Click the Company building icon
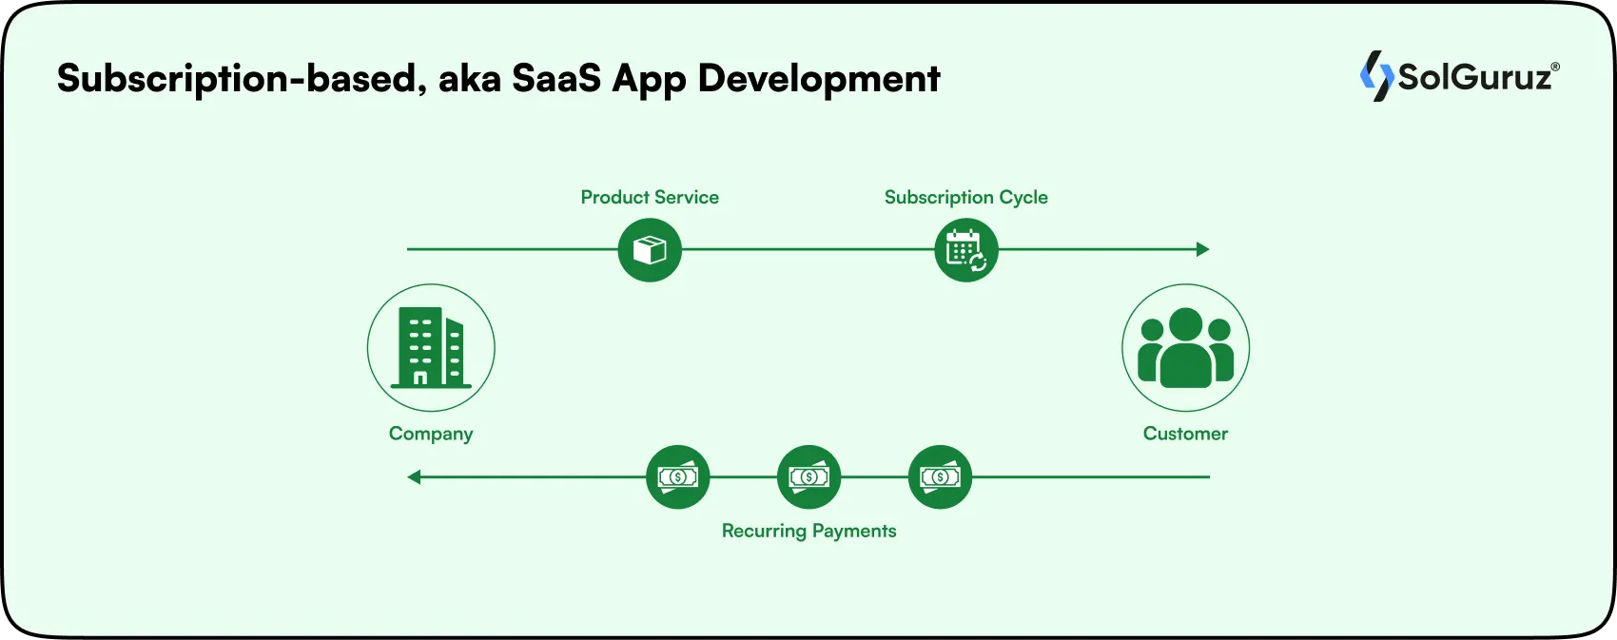(x=431, y=347)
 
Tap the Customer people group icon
(x=1185, y=348)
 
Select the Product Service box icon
(x=650, y=250)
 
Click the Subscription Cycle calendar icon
(x=966, y=250)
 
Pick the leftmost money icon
(x=677, y=476)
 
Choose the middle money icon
(x=808, y=476)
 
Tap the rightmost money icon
(x=940, y=476)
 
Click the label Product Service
(x=650, y=197)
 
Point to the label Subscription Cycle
(x=965, y=197)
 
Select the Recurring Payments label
(x=808, y=531)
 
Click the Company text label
(x=431, y=434)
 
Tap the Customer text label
(x=1185, y=434)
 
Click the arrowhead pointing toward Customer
(x=1202, y=249)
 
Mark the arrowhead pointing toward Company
(x=415, y=476)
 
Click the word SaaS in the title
(x=556, y=78)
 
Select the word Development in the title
(x=819, y=78)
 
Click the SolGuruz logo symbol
(x=1375, y=76)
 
